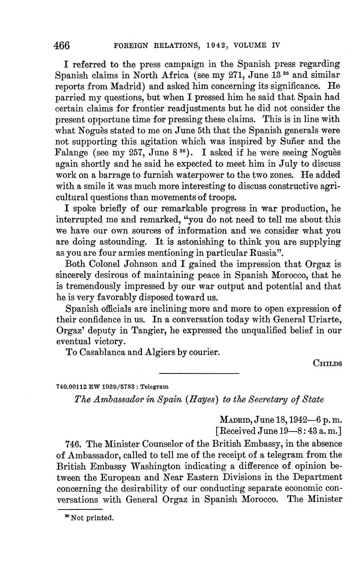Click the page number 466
point(61,45)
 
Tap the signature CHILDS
point(327,363)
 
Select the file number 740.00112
point(71,387)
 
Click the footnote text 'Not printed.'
point(92,518)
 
